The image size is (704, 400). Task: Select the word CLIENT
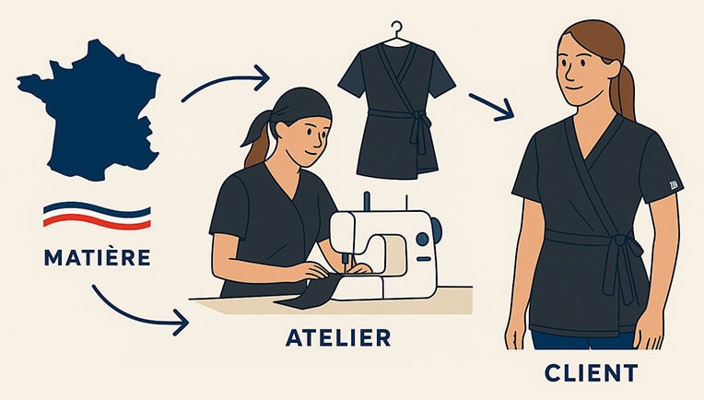pos(590,373)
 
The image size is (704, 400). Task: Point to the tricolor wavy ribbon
pos(96,216)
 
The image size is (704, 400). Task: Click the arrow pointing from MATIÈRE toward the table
pos(138,310)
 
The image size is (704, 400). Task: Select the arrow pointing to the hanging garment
pos(225,83)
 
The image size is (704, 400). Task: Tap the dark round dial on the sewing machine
pos(422,239)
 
